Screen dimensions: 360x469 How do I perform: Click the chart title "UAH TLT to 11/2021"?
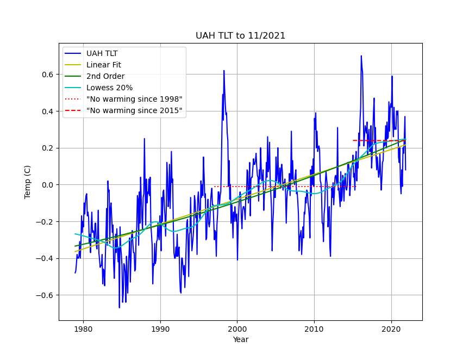(x=240, y=36)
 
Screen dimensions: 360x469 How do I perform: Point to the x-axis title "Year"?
(x=240, y=339)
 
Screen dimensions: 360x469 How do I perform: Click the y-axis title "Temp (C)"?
(x=28, y=182)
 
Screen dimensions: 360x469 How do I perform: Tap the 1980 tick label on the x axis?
(x=83, y=328)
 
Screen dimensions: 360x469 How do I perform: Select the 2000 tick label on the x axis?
(x=237, y=328)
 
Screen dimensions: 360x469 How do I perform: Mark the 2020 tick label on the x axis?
(x=391, y=328)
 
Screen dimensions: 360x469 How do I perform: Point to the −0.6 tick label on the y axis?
(x=46, y=295)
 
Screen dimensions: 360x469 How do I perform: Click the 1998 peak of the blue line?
(x=223, y=71)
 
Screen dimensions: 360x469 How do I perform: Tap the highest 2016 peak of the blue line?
(x=361, y=56)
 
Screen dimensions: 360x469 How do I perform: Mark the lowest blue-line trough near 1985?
(x=120, y=308)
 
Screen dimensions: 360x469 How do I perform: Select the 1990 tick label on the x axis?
(x=160, y=328)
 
